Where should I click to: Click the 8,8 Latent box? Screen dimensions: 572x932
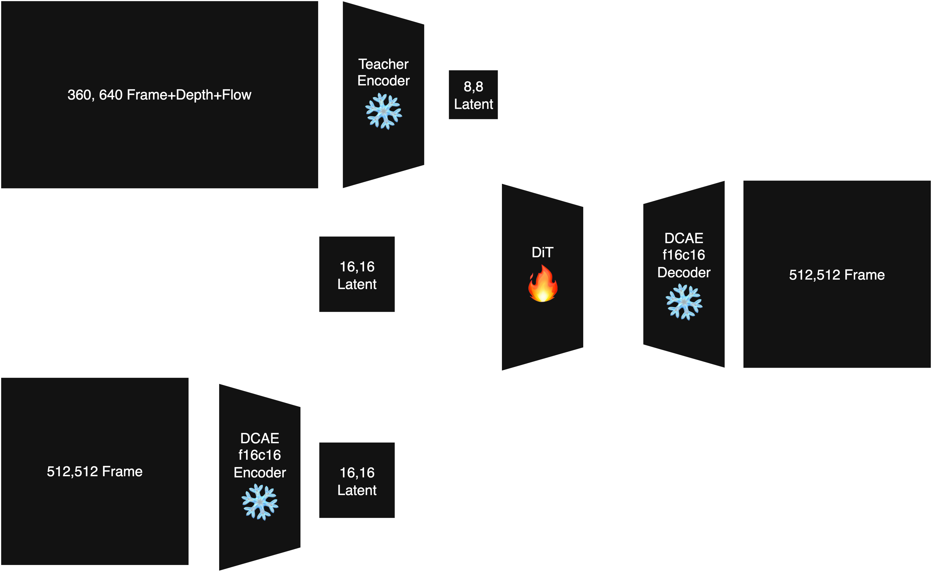(473, 95)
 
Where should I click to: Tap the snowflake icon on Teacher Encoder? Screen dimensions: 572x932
(383, 112)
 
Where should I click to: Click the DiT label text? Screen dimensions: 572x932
(542, 252)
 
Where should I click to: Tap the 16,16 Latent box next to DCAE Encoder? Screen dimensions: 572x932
(357, 480)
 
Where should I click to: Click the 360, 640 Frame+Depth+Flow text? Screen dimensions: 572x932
(159, 95)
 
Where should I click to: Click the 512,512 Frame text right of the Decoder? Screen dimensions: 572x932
(837, 275)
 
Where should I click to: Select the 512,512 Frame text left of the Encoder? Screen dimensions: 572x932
(95, 471)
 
